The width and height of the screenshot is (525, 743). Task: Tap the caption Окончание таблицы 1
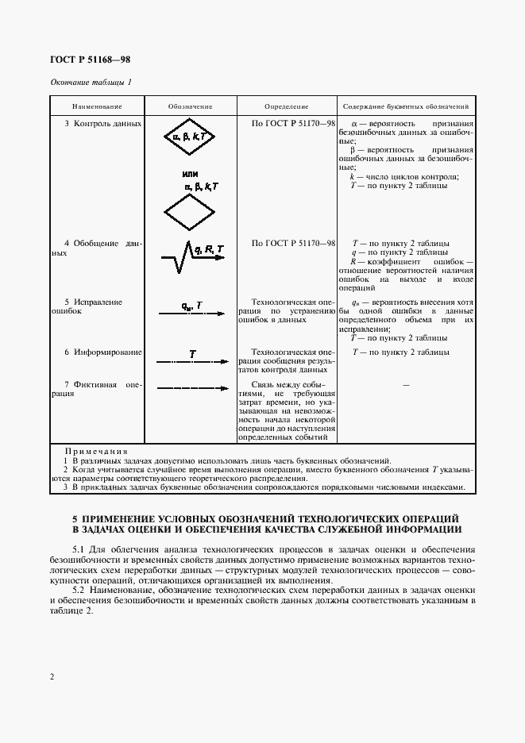tap(91, 83)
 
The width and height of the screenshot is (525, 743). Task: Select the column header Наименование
tap(97, 106)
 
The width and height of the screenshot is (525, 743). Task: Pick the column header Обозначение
tap(190, 106)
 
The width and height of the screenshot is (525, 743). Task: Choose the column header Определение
tap(286, 106)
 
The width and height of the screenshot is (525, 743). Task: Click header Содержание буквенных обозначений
tap(405, 106)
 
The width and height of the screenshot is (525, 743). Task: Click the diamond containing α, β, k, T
tap(190, 137)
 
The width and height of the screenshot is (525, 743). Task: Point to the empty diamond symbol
tap(190, 211)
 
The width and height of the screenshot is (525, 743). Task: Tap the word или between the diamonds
tap(189, 173)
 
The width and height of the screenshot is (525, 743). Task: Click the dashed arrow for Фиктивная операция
tap(190, 388)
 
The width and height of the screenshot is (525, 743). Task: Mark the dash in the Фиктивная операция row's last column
tap(406, 385)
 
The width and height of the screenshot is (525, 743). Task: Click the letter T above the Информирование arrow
tap(192, 352)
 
